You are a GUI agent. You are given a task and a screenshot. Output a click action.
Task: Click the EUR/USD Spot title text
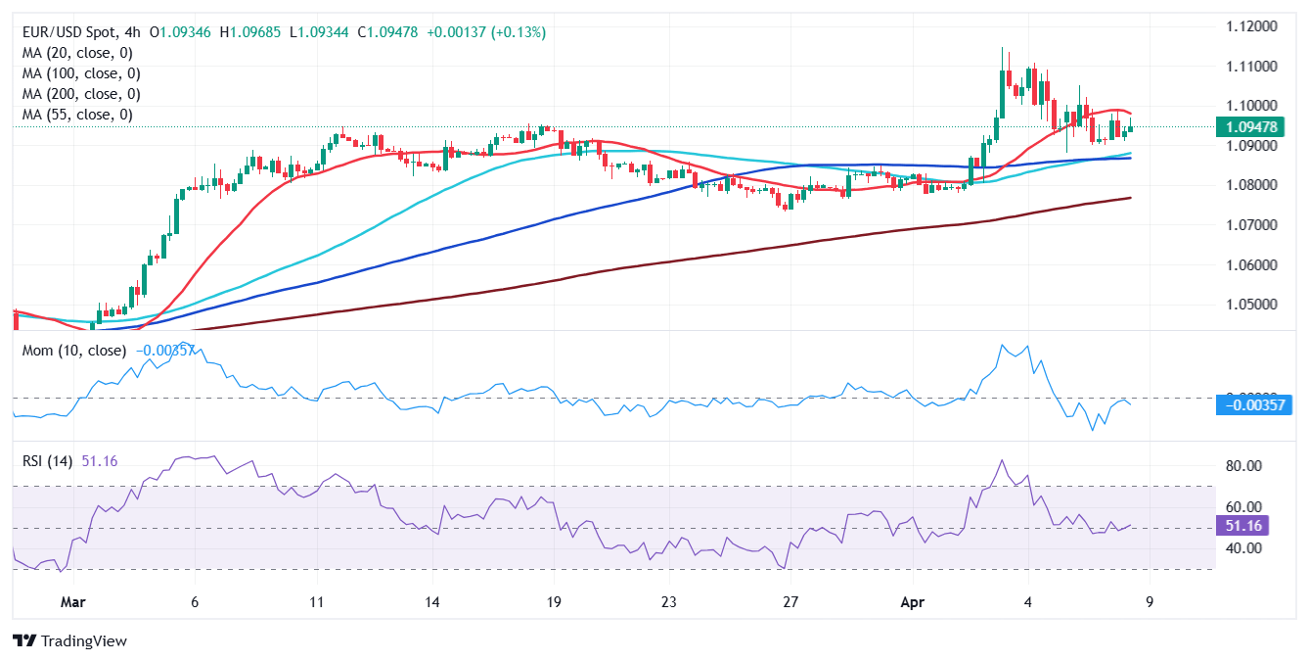(x=78, y=32)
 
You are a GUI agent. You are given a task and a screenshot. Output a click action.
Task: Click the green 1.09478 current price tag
(x=1253, y=127)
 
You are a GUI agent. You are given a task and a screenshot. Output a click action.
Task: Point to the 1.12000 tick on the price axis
(x=1252, y=26)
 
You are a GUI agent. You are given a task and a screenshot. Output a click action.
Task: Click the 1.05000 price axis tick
(x=1252, y=305)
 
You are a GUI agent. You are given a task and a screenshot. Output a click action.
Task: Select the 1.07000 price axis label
(x=1252, y=225)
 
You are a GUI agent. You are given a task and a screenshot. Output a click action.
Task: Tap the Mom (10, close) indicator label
(x=74, y=351)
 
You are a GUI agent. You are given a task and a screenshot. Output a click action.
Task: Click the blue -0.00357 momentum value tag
(x=1253, y=404)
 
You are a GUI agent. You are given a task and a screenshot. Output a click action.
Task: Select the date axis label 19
(x=553, y=602)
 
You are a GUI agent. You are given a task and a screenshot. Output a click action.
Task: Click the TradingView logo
(x=70, y=641)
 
